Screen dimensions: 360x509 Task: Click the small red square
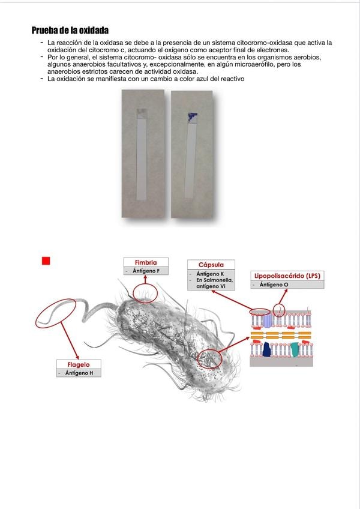[x=46, y=261]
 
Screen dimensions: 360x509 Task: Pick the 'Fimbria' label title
[x=146, y=262]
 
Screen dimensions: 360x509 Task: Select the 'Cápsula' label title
[x=211, y=265]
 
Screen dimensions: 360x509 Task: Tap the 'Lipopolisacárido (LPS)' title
[x=286, y=276]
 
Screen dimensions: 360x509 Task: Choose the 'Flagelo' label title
[x=79, y=364]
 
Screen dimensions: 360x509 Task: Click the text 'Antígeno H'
[x=79, y=373]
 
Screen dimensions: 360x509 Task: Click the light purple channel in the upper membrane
[x=268, y=322]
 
